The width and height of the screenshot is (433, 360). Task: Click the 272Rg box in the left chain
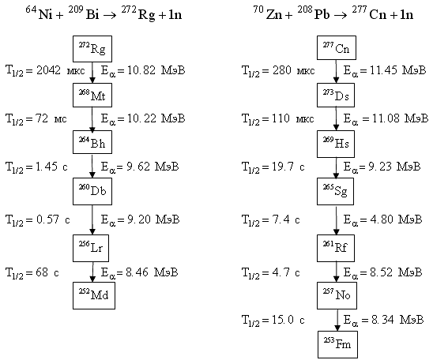(92, 49)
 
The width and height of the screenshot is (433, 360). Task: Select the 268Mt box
(92, 96)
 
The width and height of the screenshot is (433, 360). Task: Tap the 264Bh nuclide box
(92, 142)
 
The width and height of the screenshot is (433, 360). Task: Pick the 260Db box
(92, 191)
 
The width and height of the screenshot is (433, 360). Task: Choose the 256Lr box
(91, 248)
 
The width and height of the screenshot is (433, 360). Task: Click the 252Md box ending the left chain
(94, 295)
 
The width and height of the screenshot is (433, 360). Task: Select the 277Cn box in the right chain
(337, 47)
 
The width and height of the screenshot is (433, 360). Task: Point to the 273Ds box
(336, 96)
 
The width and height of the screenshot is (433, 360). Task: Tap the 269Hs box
(336, 144)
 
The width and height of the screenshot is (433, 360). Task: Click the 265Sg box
(335, 191)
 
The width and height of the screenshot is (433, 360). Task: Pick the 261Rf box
(336, 248)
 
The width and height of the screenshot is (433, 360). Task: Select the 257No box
(337, 295)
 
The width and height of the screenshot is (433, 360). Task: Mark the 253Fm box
(337, 344)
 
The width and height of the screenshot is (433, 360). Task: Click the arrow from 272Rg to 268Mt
(92, 73)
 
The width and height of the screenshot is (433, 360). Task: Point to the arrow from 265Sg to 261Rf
(336, 219)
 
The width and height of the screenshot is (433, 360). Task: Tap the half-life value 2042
(48, 70)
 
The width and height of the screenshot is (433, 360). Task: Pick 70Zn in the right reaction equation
(268, 13)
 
